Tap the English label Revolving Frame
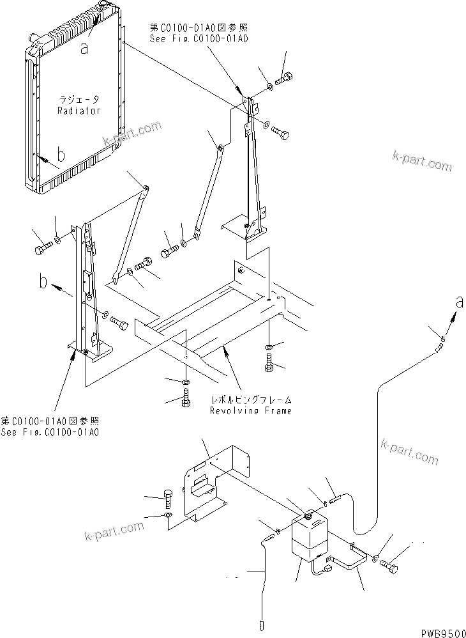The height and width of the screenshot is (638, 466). pos(251,410)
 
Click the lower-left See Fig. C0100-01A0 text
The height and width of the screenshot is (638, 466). pos(50,433)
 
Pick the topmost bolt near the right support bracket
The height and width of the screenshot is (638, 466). pos(285,79)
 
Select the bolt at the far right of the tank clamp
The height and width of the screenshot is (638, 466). pos(392,566)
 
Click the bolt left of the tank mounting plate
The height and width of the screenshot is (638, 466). pos(168,498)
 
